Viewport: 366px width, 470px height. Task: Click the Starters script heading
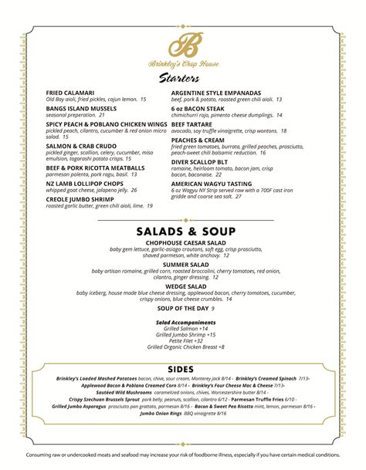click(184, 78)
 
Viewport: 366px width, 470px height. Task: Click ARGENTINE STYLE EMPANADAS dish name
click(221, 93)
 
